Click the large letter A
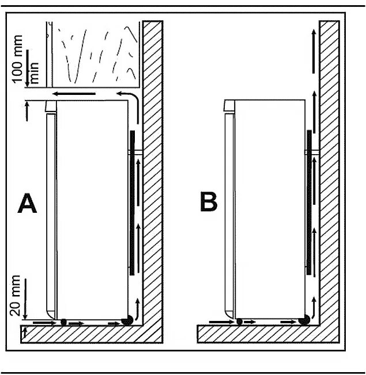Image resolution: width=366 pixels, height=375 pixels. coord(27,204)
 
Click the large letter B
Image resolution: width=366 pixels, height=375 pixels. coord(208,203)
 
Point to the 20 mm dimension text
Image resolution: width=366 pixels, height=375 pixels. coord(16,296)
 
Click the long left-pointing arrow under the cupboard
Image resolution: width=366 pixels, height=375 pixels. coord(71,93)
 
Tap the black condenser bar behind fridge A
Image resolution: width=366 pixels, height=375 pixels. coord(132,201)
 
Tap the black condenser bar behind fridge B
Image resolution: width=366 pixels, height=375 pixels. coord(310,201)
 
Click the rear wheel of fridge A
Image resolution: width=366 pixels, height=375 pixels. coord(125,321)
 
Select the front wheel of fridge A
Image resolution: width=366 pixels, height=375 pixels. coord(64,322)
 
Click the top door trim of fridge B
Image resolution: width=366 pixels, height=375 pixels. coord(229,105)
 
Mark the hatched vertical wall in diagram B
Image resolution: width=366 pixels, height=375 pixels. coord(329,173)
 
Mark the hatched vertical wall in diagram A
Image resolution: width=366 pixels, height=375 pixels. coord(152,173)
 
